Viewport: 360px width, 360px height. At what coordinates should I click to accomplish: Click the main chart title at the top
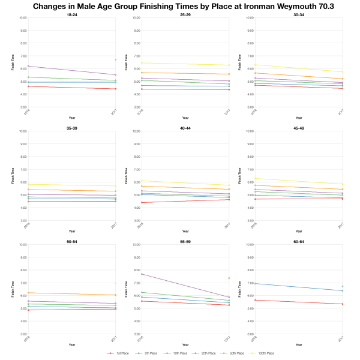(180, 7)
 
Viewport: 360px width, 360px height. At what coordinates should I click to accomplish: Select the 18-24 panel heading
(71, 14)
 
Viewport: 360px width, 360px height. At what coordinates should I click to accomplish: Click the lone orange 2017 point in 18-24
(115, 59)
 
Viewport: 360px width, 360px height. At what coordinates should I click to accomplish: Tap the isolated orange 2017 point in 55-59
(229, 278)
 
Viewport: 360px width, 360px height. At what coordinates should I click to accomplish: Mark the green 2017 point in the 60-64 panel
(342, 286)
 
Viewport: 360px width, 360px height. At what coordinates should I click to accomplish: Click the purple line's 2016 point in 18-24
(28, 66)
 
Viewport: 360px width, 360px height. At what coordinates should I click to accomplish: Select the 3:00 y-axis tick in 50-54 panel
(22, 334)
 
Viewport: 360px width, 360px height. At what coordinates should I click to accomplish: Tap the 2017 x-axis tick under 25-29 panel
(227, 112)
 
